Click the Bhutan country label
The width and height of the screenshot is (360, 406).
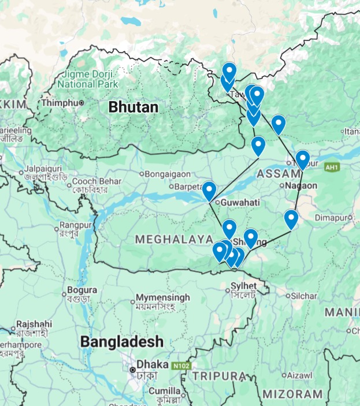coord(133,107)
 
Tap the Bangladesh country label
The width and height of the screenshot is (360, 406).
coord(121,341)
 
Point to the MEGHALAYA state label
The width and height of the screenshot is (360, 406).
coord(174,239)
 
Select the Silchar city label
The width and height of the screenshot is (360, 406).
coord(304,296)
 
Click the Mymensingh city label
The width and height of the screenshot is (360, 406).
coord(162,298)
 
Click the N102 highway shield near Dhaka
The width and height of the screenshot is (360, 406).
coord(179,366)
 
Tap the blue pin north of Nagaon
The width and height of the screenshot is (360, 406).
coord(302,159)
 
